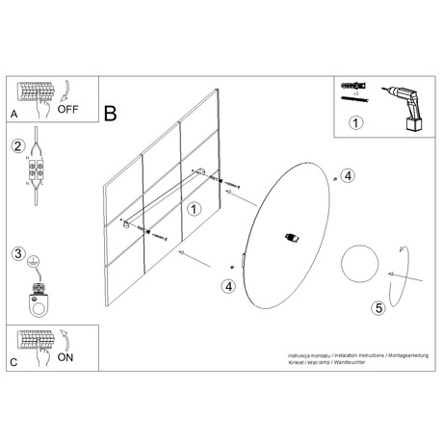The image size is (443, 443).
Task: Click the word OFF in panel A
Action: point(68,109)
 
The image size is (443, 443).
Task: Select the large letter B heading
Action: point(111,114)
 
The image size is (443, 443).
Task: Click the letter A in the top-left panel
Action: point(13,115)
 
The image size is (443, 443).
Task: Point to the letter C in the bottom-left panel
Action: point(13,362)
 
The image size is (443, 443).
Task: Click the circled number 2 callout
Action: point(17,146)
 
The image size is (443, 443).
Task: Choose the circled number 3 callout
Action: point(17,254)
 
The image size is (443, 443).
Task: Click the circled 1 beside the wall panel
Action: point(195,207)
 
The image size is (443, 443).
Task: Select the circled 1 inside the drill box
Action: point(356,122)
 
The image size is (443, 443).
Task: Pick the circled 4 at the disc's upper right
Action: point(348,175)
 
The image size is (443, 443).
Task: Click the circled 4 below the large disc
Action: point(228,285)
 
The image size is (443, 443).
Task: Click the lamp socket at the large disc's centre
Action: point(293,237)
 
